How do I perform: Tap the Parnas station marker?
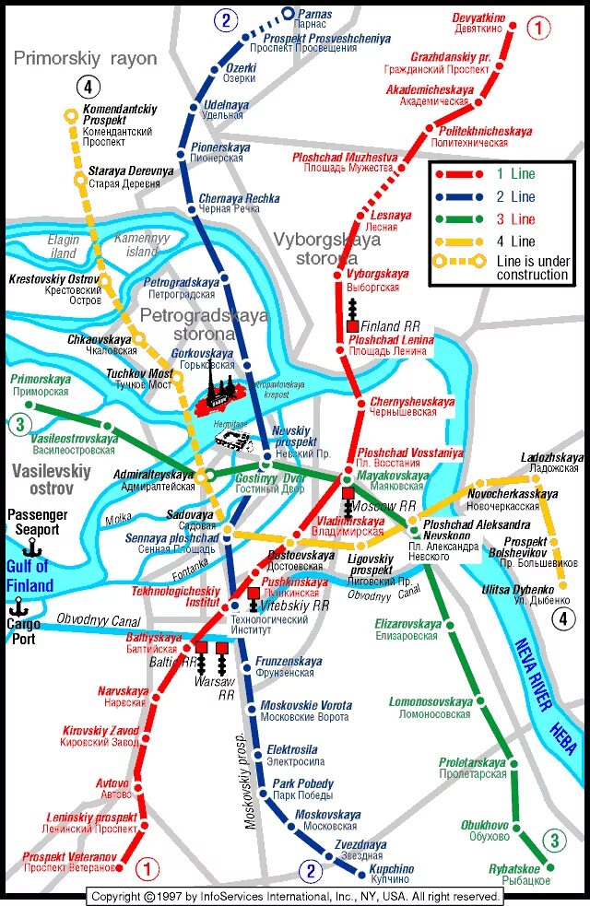288,13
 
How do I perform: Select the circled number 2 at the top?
226,19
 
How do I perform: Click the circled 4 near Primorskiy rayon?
88,88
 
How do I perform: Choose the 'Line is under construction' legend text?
532,268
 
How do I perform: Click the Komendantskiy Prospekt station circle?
71,116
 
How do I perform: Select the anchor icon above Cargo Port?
16,606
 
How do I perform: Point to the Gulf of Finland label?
29,576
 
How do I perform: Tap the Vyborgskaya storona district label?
326,249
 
